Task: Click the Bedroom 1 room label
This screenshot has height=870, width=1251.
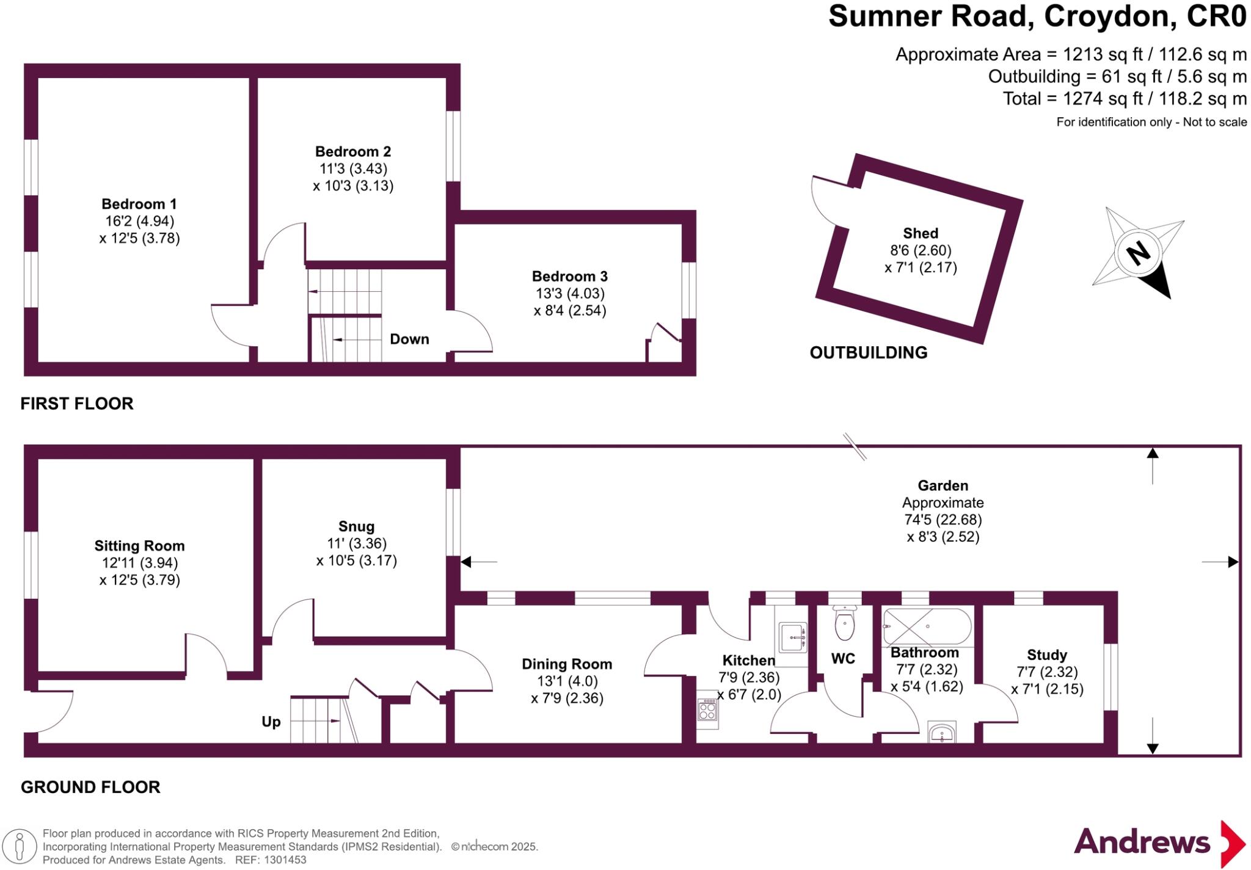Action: (139, 204)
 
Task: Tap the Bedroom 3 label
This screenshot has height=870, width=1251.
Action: (570, 277)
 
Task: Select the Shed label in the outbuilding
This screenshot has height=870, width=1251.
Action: (921, 233)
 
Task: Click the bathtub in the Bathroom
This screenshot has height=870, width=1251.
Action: (927, 627)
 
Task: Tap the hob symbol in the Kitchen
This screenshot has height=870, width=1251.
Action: (707, 710)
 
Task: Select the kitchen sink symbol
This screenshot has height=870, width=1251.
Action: (793, 637)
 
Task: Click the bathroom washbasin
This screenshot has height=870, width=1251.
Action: (942, 733)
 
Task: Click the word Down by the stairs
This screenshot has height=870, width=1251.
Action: (409, 339)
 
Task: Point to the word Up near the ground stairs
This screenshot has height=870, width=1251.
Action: (271, 722)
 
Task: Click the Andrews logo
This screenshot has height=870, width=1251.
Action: (1160, 843)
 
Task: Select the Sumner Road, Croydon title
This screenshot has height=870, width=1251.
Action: (1037, 16)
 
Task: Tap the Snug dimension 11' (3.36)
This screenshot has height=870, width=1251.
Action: (357, 543)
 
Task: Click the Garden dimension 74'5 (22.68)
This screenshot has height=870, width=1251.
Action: (943, 520)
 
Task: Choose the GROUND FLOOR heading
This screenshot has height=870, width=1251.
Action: (90, 787)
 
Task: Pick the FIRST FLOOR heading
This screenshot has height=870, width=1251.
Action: (77, 404)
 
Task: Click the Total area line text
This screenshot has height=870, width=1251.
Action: (1125, 98)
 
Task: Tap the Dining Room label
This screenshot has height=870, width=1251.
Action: (567, 664)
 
